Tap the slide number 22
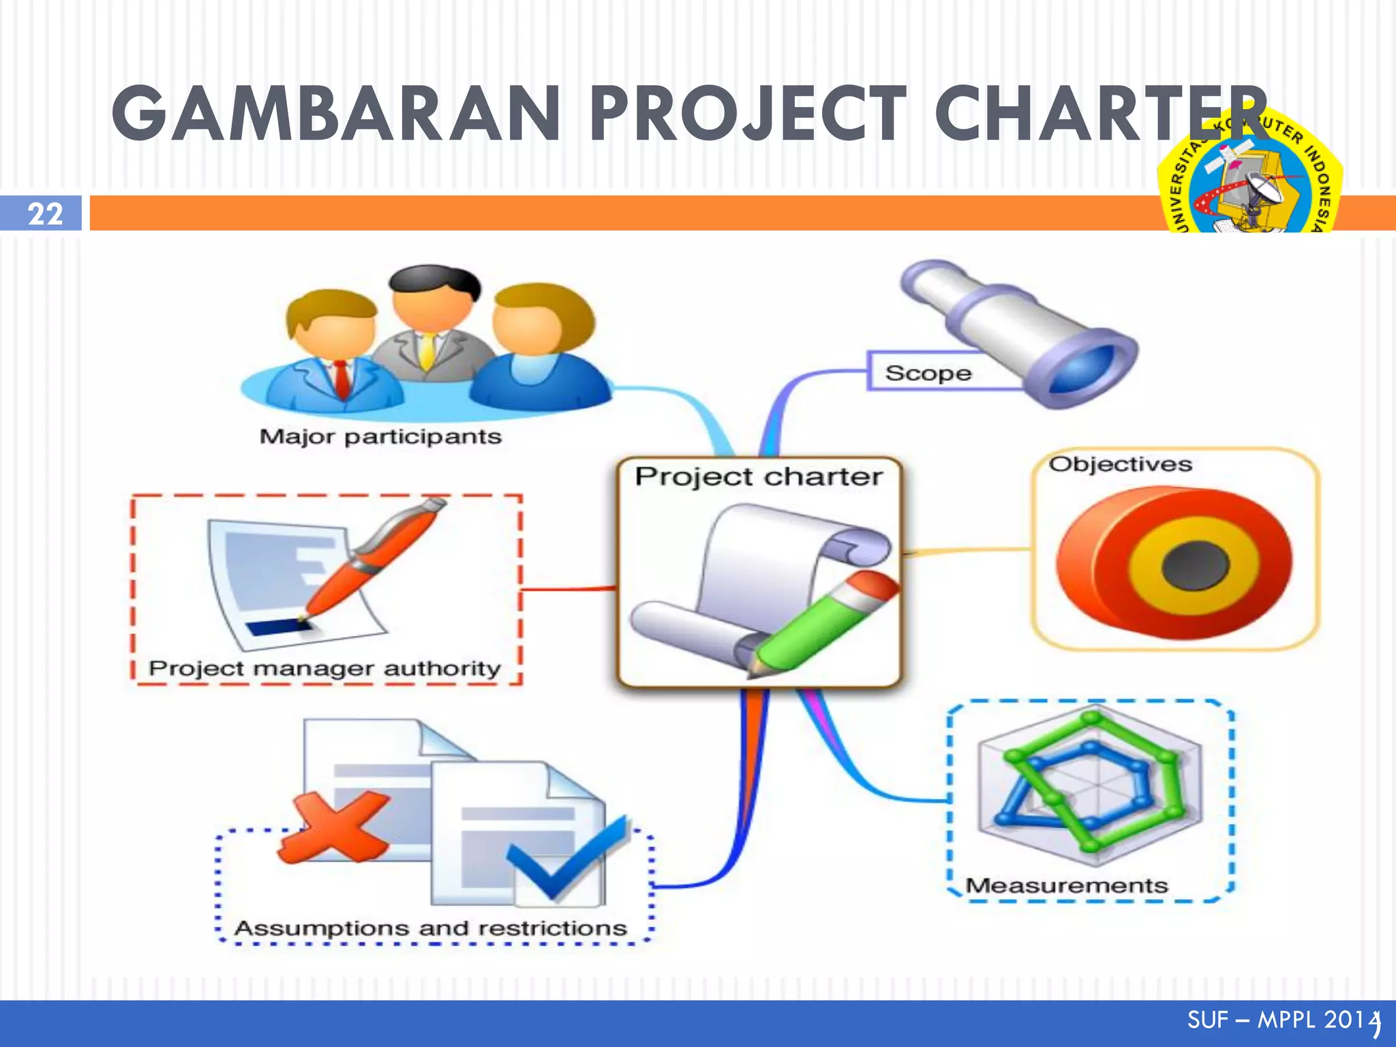pos(45,214)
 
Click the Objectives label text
pos(1120,465)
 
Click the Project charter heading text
pos(758,476)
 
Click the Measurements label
pos(1067,885)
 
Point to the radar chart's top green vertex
pos(1092,718)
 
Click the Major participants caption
pos(380,436)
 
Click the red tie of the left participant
pos(342,379)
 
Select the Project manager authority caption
pos(324,668)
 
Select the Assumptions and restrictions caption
pos(430,928)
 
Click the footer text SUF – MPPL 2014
pos(1281,1020)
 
